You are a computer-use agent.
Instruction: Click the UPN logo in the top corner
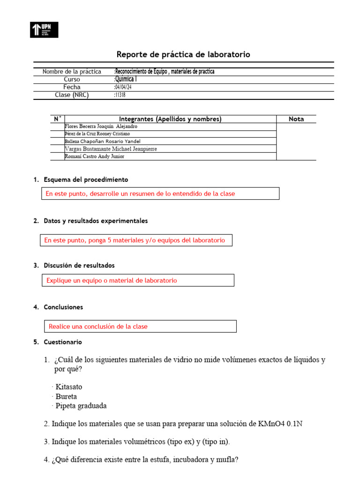pyautogui.click(x=45, y=30)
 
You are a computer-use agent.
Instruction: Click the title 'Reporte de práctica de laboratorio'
pyautogui.click(x=183, y=55)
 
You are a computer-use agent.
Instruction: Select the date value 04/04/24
pyautogui.click(x=123, y=87)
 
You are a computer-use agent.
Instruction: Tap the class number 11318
pyautogui.click(x=120, y=95)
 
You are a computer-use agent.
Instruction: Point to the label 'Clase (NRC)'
pyautogui.click(x=72, y=95)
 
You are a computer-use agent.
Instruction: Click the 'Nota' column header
pyautogui.click(x=296, y=119)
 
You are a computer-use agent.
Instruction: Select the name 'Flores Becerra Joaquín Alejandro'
pyautogui.click(x=101, y=127)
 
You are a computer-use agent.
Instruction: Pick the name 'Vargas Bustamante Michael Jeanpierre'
pyautogui.click(x=111, y=149)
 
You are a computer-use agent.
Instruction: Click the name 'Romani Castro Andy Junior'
pyautogui.click(x=94, y=157)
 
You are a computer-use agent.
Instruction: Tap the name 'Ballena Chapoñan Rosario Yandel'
pyautogui.click(x=102, y=142)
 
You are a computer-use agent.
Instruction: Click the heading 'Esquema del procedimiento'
pyautogui.click(x=86, y=180)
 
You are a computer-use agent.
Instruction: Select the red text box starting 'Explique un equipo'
pyautogui.click(x=138, y=280)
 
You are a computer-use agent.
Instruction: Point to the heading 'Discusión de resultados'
pyautogui.click(x=79, y=266)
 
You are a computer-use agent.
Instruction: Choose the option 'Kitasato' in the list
pyautogui.click(x=68, y=387)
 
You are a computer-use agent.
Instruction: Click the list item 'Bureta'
pyautogui.click(x=66, y=397)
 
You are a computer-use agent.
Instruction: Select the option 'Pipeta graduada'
pyautogui.click(x=81, y=406)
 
